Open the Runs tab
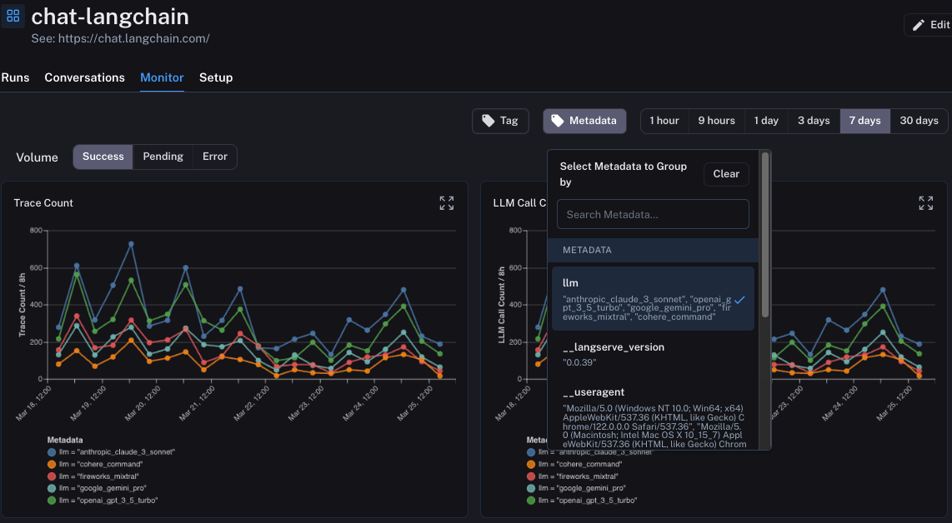click(15, 77)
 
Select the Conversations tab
click(84, 77)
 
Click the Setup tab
click(216, 77)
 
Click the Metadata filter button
click(584, 121)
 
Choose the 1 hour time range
click(664, 121)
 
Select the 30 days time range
click(919, 121)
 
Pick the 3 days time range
click(813, 121)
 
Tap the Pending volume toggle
click(163, 157)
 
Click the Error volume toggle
click(214, 157)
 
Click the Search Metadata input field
click(653, 214)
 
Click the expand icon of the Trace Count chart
click(447, 203)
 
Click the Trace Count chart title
click(43, 203)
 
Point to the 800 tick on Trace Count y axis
click(36, 231)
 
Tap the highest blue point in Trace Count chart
click(131, 244)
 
